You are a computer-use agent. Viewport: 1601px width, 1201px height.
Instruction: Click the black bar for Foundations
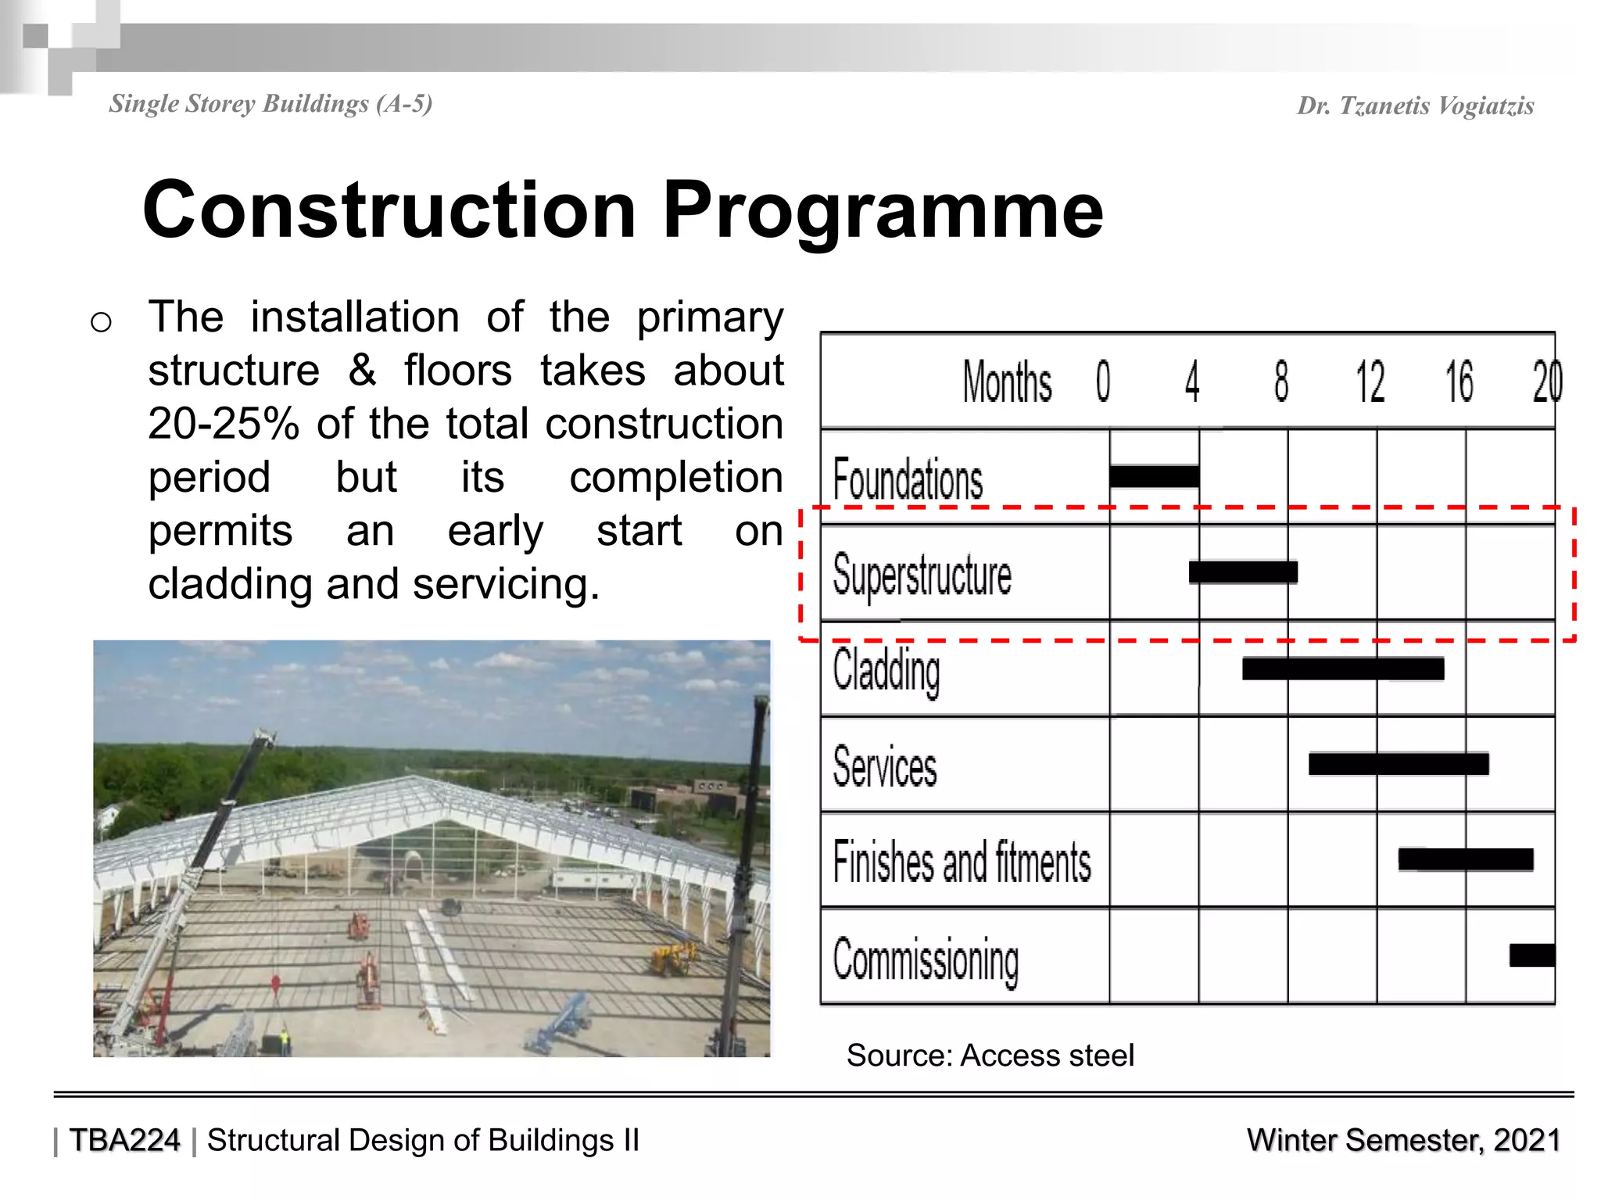click(x=1154, y=476)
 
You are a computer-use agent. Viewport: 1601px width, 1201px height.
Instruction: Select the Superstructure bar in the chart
click(x=1243, y=572)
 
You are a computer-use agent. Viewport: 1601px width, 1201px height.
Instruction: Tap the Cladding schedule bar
click(x=1343, y=669)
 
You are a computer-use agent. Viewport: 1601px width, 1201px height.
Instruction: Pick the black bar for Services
click(x=1399, y=764)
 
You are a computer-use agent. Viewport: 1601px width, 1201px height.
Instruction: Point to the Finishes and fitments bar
click(x=1466, y=859)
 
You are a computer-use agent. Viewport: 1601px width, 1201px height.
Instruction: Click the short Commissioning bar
click(x=1532, y=955)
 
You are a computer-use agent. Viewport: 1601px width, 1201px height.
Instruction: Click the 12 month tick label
click(x=1370, y=382)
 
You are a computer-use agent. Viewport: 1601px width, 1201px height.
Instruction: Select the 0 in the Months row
click(x=1103, y=382)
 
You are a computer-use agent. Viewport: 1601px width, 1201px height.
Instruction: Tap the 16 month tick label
click(x=1460, y=382)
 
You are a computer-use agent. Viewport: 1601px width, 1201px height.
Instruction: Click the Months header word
click(x=1007, y=382)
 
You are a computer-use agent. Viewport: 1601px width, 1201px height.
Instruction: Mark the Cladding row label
click(x=886, y=671)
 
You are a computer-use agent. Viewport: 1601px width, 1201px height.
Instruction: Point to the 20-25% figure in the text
click(x=224, y=424)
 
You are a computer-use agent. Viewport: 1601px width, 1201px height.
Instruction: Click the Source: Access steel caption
click(x=990, y=1056)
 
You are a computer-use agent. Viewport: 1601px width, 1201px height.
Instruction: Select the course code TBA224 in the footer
click(x=124, y=1140)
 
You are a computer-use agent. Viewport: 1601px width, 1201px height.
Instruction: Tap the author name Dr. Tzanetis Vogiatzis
click(x=1415, y=106)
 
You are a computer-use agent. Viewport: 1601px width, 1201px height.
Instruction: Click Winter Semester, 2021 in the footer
click(x=1403, y=1140)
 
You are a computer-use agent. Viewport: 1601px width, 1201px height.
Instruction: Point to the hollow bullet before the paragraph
click(x=101, y=322)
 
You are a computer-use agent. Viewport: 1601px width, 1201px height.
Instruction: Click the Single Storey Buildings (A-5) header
click(x=270, y=104)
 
